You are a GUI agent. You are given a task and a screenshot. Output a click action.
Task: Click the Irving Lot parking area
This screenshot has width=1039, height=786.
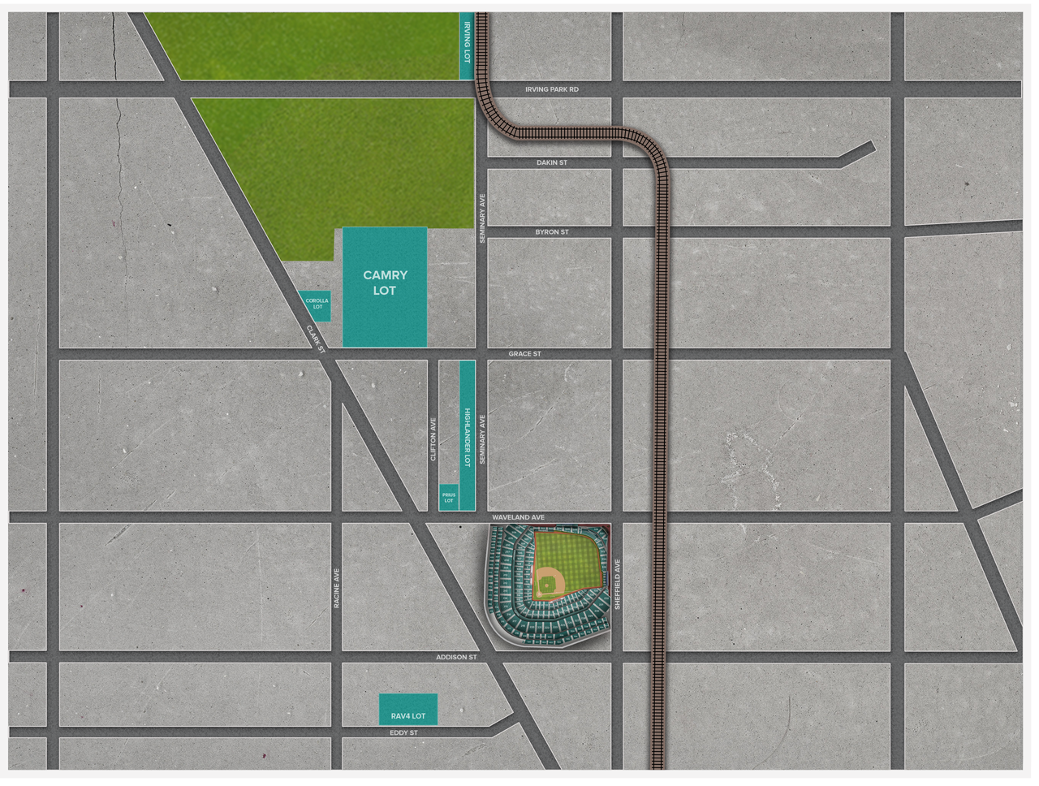click(467, 45)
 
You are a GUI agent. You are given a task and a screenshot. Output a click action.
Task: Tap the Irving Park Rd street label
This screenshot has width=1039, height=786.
click(552, 89)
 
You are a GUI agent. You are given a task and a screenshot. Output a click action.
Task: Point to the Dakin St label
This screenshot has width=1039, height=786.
click(552, 162)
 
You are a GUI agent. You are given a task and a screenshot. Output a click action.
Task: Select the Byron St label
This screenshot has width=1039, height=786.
click(552, 232)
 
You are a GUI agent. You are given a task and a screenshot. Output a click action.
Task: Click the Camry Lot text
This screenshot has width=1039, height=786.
click(385, 283)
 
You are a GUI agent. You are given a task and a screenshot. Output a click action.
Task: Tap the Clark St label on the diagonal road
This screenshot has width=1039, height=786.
click(315, 339)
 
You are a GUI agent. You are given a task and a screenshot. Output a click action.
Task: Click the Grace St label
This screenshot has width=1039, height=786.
click(524, 354)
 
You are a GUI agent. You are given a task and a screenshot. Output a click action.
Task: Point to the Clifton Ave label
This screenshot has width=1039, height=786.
click(433, 439)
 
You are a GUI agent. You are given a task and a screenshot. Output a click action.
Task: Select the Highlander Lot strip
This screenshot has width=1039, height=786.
click(467, 436)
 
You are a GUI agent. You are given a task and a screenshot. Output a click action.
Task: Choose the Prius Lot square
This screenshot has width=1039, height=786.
click(449, 498)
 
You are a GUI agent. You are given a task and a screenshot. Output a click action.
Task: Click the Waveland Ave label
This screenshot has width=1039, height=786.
click(518, 517)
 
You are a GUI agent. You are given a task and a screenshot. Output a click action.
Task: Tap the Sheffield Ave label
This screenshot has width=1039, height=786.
click(618, 584)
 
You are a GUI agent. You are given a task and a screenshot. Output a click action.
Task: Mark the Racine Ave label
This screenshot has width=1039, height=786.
click(336, 588)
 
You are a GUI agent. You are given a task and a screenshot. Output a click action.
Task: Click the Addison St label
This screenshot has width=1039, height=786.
click(456, 657)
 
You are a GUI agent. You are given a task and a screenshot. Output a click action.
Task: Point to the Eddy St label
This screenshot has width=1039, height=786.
click(403, 732)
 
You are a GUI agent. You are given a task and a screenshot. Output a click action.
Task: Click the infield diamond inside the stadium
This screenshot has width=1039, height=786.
click(549, 582)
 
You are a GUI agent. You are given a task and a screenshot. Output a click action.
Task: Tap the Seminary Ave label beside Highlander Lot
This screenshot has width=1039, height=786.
click(482, 439)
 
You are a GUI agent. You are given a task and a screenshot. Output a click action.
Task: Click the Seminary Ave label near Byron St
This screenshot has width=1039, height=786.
click(482, 218)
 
